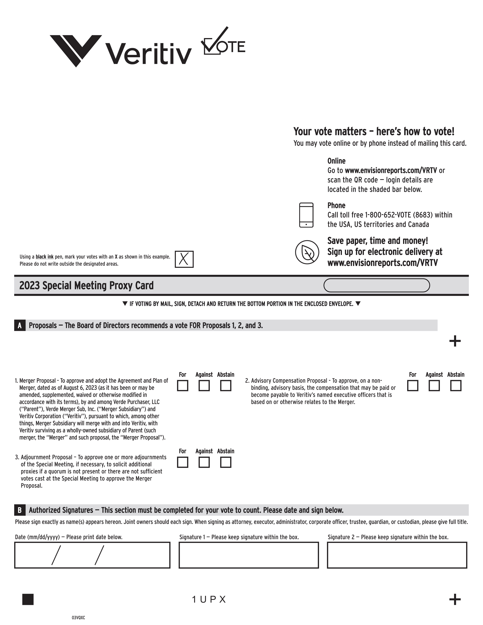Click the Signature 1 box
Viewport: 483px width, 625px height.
point(249,555)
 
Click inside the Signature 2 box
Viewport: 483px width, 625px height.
point(397,555)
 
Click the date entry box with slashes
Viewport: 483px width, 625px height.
point(92,555)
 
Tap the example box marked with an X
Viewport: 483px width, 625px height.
point(184,259)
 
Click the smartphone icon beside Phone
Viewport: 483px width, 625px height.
point(306,215)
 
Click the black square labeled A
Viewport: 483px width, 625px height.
point(20,325)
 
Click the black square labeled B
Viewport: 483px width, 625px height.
point(20,510)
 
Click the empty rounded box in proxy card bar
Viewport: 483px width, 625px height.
point(377,285)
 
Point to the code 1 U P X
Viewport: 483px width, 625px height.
point(209,600)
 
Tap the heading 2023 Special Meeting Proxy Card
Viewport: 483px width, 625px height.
point(86,285)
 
